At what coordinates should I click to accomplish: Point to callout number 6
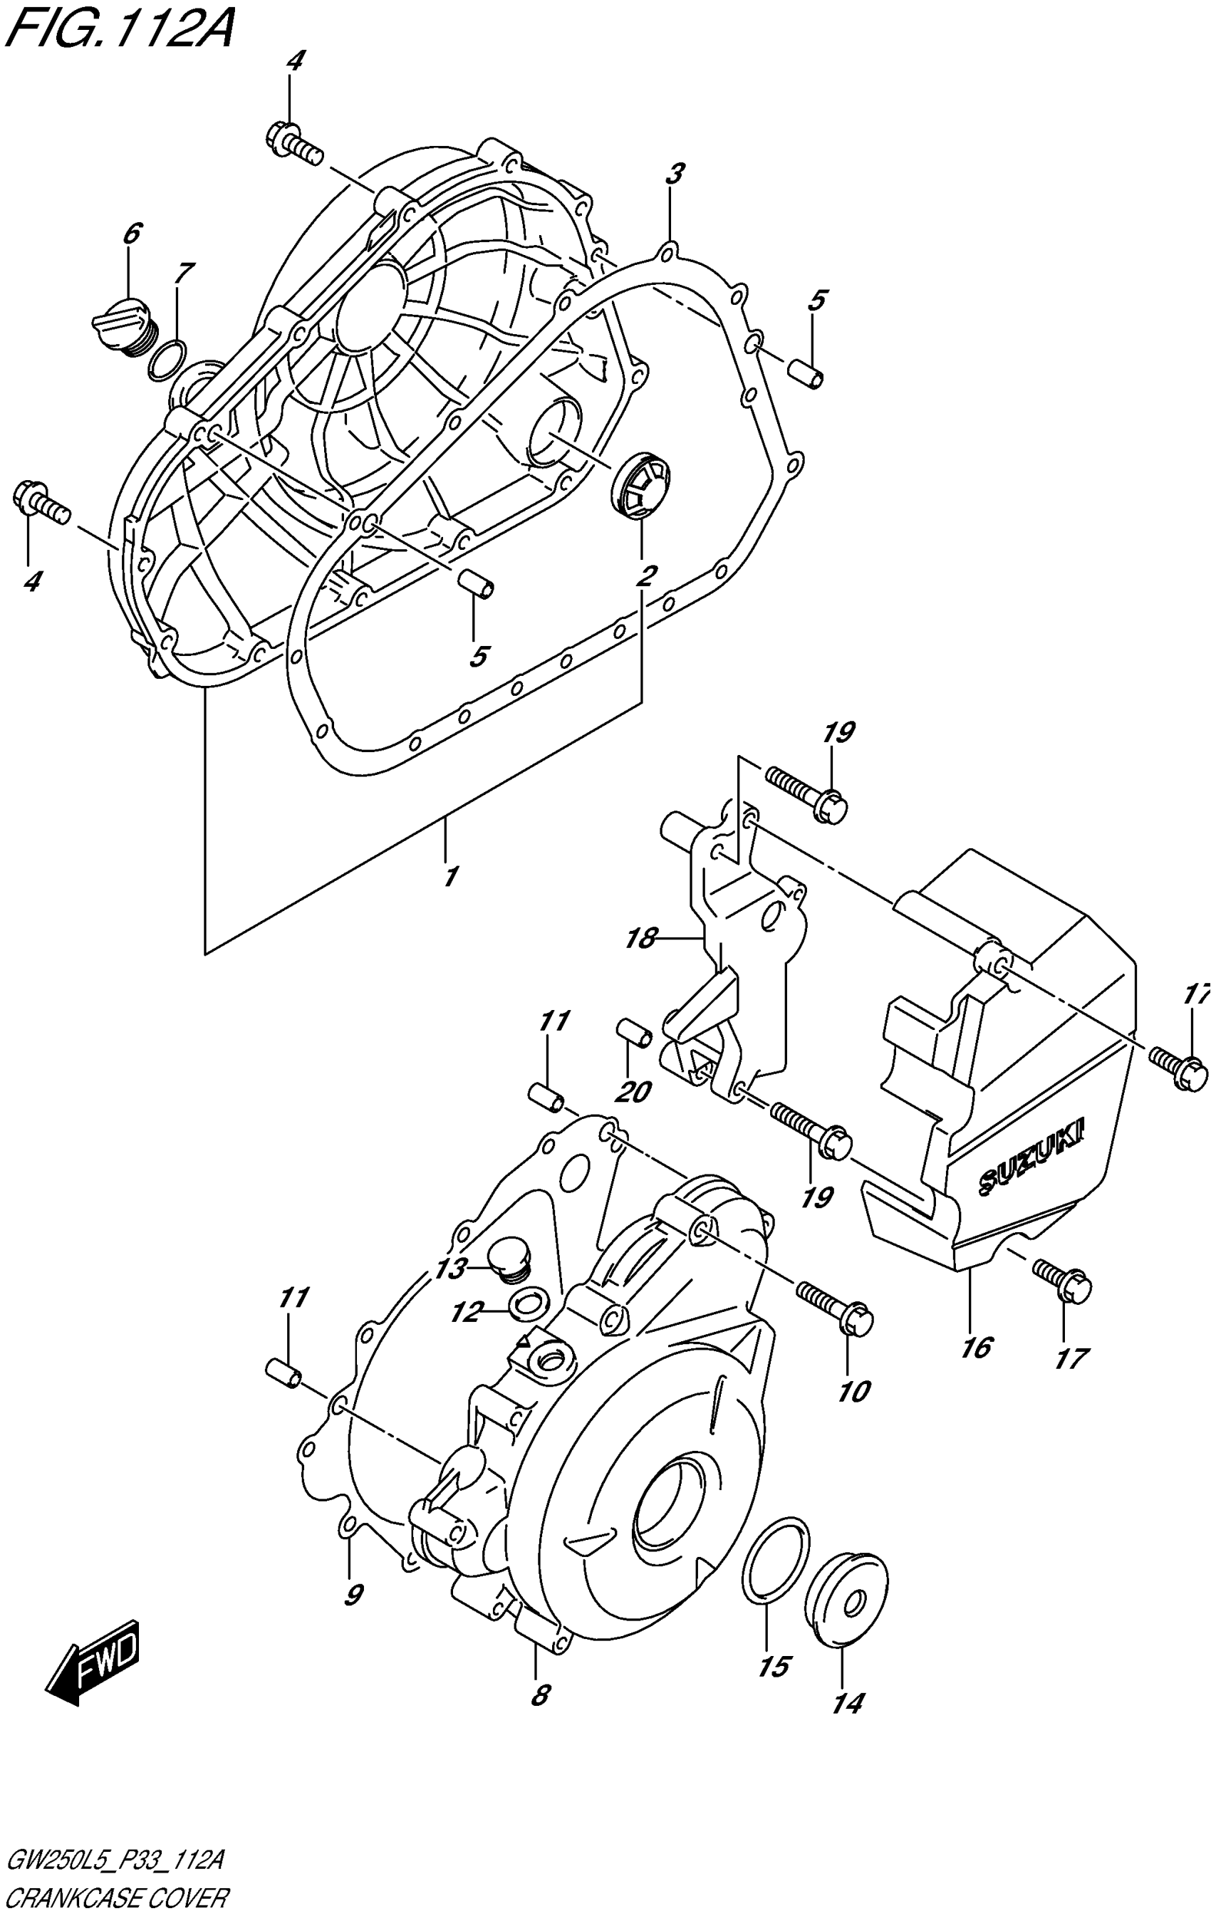coord(132,234)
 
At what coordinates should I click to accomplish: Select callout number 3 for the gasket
coord(675,174)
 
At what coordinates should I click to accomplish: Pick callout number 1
coord(451,876)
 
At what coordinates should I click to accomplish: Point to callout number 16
coord(976,1348)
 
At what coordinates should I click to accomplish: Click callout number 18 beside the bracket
coord(640,938)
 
